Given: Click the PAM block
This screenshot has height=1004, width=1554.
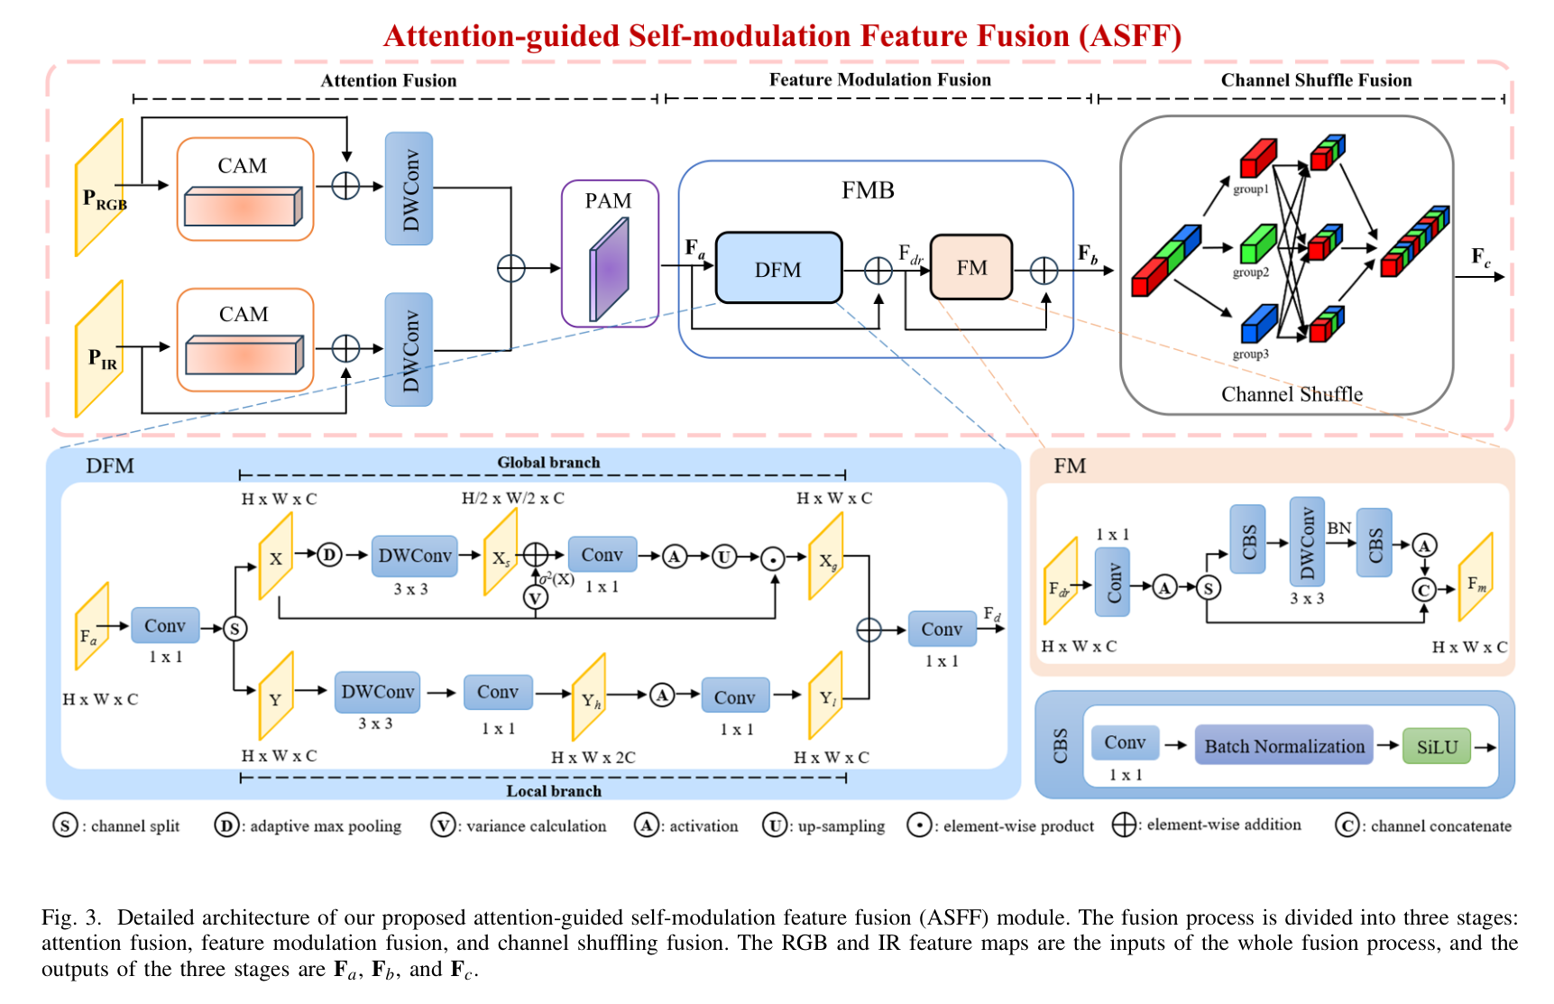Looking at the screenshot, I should tap(610, 253).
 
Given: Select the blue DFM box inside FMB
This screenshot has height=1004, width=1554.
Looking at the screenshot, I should tap(778, 269).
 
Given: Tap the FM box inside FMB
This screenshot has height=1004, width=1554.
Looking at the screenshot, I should tap(971, 267).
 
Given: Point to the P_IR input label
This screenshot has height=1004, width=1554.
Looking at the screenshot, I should tap(103, 359).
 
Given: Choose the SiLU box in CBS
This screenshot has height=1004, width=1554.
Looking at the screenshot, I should tap(1437, 747).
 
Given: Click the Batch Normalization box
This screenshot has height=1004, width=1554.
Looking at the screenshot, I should tap(1284, 746).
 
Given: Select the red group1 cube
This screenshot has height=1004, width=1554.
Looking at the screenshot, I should tap(1257, 158).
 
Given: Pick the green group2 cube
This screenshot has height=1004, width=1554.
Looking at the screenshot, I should tap(1256, 243).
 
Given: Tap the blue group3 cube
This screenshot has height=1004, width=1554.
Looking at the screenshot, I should tap(1258, 323).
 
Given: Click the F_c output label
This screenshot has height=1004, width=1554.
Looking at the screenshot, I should tap(1481, 257).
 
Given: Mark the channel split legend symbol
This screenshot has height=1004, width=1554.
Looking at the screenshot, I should tap(65, 825).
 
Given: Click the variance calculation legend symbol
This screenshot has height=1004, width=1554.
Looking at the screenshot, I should tap(442, 825).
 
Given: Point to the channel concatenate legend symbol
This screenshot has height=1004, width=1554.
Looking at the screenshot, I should tap(1347, 825).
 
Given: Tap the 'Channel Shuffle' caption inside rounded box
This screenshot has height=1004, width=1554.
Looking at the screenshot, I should tap(1292, 394).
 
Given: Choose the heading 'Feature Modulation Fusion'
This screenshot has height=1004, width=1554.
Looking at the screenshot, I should tap(879, 79).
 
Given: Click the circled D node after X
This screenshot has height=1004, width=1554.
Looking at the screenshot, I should tap(330, 555).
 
